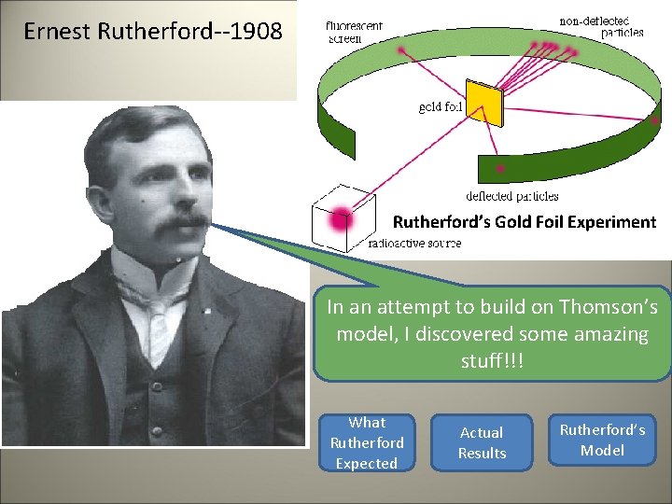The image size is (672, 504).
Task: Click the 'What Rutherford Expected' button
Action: (367, 443)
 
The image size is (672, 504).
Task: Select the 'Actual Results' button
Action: (482, 443)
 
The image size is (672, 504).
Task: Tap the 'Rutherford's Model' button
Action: (602, 440)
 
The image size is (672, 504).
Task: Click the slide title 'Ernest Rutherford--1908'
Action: (152, 32)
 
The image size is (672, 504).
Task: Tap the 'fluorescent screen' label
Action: (355, 33)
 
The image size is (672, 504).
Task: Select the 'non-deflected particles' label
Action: (601, 26)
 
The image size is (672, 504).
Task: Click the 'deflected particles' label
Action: (512, 196)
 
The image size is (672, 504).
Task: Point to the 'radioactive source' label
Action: (414, 244)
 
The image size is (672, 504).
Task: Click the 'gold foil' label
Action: (441, 106)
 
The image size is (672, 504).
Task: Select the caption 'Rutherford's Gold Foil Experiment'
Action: (525, 222)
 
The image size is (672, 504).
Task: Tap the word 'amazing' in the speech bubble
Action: (612, 334)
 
